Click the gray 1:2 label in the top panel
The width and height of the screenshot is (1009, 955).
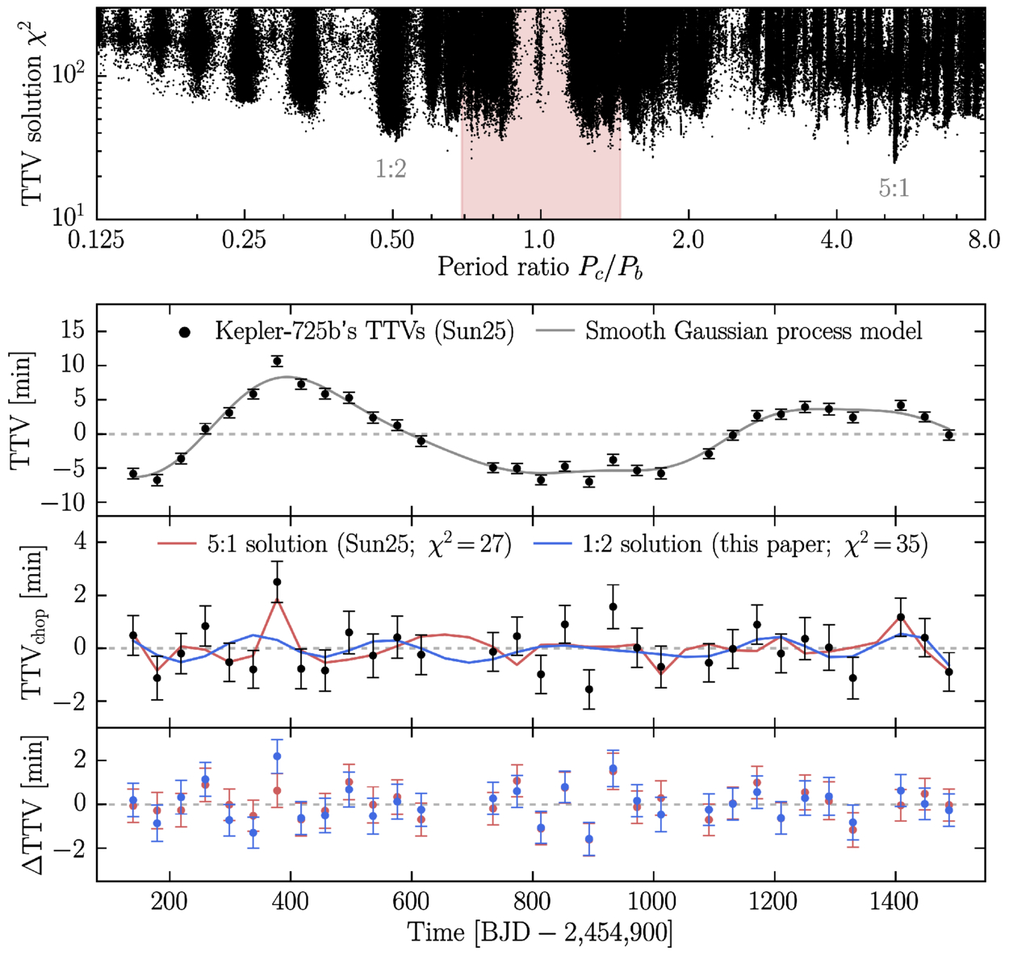click(x=391, y=169)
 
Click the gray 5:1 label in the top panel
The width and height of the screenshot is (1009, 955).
click(x=894, y=188)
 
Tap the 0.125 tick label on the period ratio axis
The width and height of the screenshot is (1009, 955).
click(x=97, y=240)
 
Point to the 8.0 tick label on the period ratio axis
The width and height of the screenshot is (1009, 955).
click(x=984, y=240)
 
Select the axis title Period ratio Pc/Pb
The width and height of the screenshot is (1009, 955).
click(x=540, y=268)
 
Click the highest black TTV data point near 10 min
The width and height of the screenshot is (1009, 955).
click(x=277, y=362)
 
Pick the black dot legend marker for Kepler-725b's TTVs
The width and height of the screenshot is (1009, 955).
click(x=185, y=333)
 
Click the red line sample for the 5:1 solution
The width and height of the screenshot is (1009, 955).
click(x=177, y=544)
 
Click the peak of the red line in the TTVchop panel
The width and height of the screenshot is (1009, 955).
click(x=277, y=599)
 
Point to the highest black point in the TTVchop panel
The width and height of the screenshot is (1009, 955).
click(x=277, y=582)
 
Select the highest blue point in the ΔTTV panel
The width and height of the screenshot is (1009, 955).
click(x=277, y=756)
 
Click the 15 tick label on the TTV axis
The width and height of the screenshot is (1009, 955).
click(x=73, y=331)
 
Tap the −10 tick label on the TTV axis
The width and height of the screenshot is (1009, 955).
click(x=64, y=502)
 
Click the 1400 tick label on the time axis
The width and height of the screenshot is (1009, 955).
click(x=895, y=902)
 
